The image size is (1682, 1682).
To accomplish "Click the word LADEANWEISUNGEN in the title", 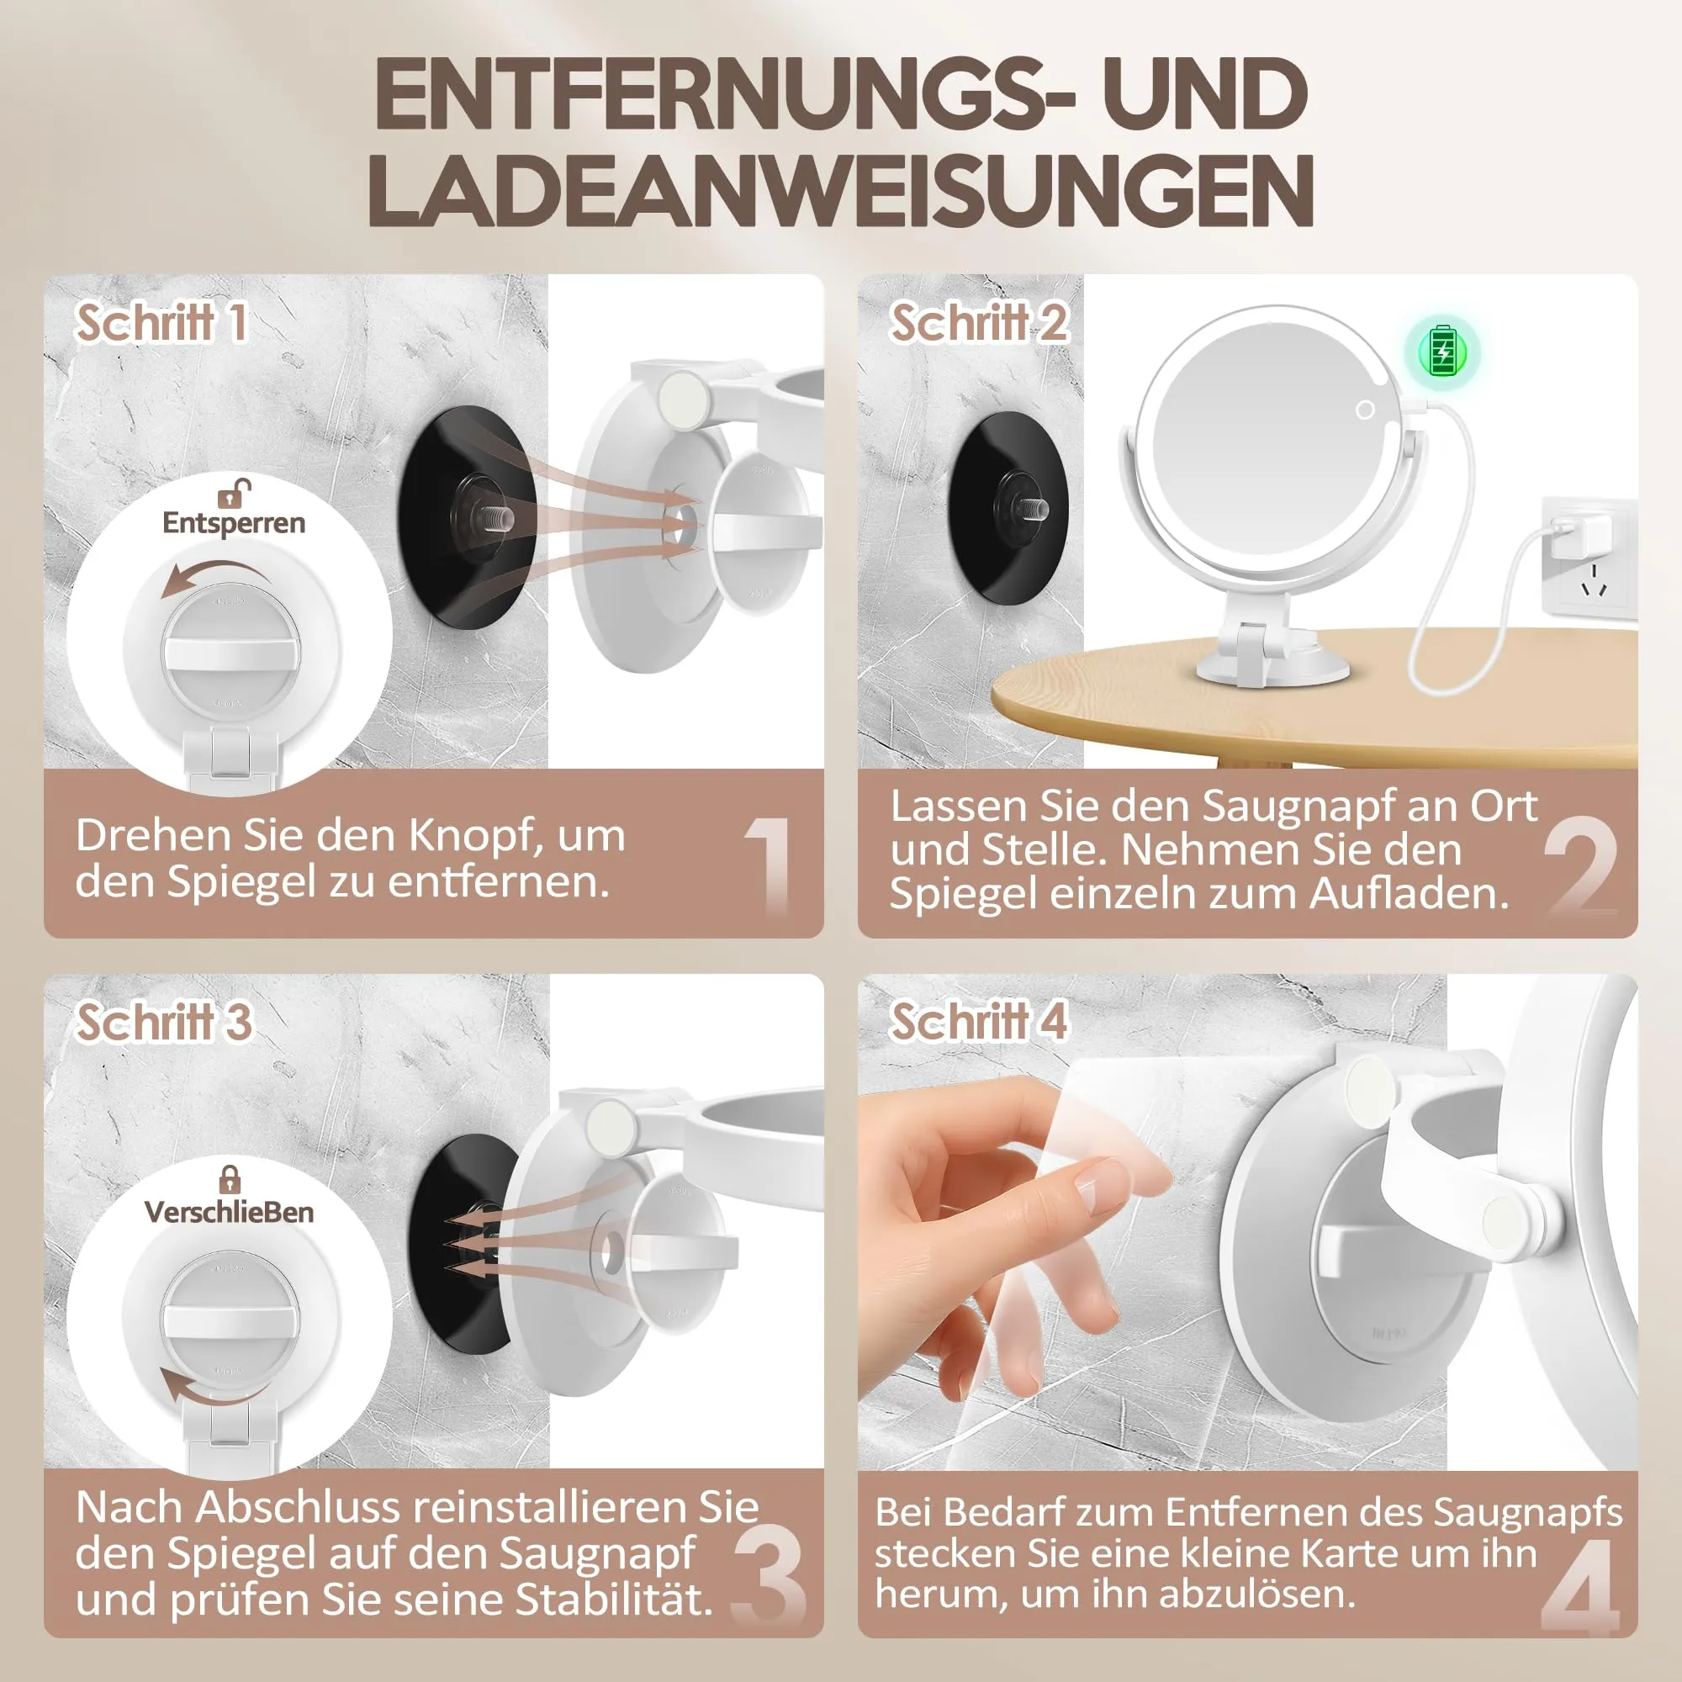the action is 840,191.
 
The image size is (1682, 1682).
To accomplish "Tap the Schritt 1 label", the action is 162,323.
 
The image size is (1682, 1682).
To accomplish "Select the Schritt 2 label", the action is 979,323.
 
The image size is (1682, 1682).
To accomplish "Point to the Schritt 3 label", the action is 164,1021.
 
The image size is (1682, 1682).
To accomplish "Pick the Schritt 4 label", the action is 979,1021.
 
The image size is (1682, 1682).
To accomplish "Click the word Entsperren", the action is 233,523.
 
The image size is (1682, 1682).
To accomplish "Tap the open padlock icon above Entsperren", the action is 234,492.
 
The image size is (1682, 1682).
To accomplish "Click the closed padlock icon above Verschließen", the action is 229,1180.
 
